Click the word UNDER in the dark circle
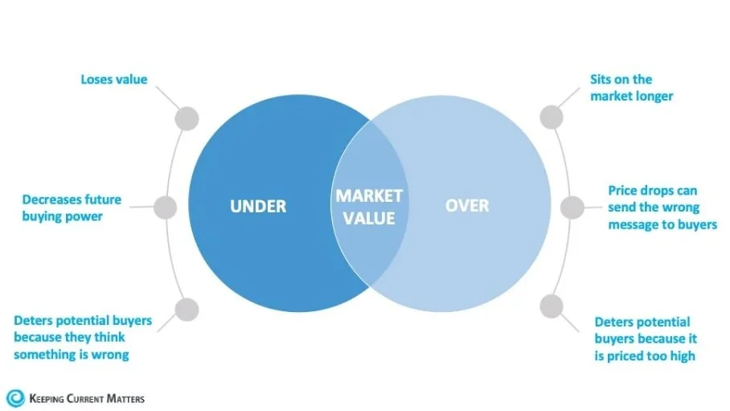coord(258,207)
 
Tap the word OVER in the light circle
coord(467,206)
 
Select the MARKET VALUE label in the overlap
coord(369,207)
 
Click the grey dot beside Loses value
coord(187,118)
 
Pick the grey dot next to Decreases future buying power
coord(165,208)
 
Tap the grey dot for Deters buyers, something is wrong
coord(187,308)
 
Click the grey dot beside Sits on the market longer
coord(551,117)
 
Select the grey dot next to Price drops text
coord(572,208)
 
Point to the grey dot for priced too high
coord(551,306)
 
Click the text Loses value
coord(113,80)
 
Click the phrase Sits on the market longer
coord(631,88)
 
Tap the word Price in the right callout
coord(625,191)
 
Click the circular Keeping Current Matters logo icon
coord(15,397)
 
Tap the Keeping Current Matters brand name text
coord(87,398)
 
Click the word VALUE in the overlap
coord(369,218)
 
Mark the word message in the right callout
coord(634,225)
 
